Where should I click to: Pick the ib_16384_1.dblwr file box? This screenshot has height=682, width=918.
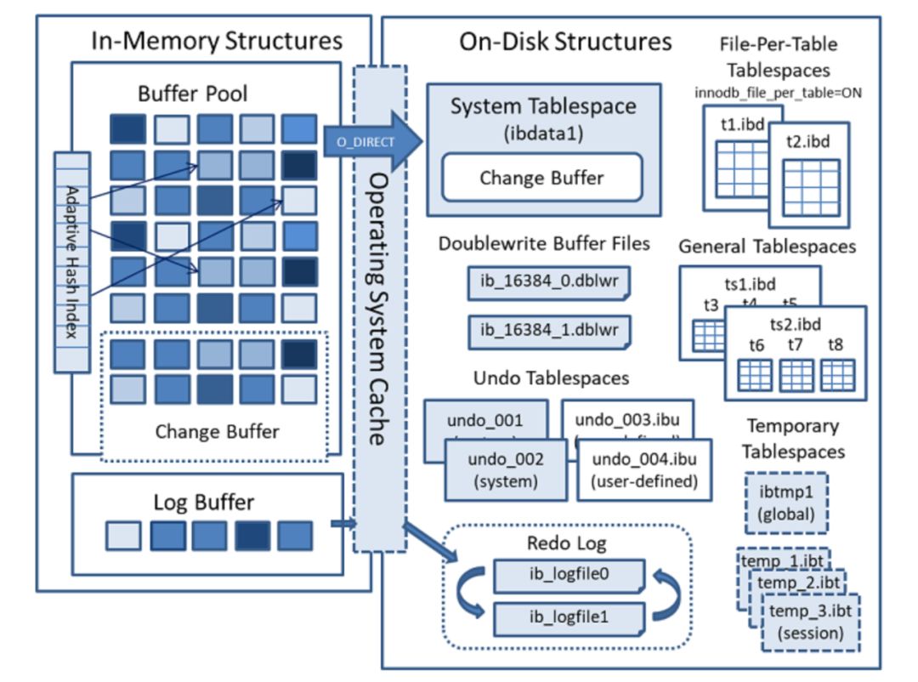[x=549, y=329]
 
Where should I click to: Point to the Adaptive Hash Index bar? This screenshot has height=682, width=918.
[x=71, y=261]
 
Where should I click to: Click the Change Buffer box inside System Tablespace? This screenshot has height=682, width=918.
[x=541, y=178]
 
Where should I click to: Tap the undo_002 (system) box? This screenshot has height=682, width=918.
[x=504, y=470]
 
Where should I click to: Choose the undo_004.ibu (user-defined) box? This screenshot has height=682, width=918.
[x=643, y=470]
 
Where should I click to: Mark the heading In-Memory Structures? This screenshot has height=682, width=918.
[x=216, y=41]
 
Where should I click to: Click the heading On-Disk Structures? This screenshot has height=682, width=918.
[x=565, y=42]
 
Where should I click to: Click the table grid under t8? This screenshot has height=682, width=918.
[x=838, y=374]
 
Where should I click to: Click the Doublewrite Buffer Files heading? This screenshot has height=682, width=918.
[x=544, y=244]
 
